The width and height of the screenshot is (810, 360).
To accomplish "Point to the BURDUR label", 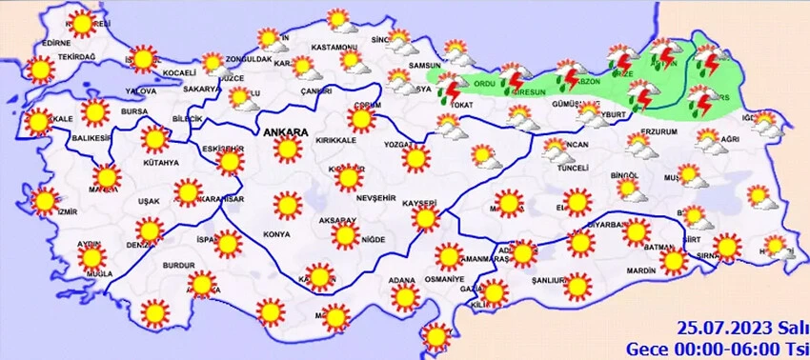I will (x=180, y=265).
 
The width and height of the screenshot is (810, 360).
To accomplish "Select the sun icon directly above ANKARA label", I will (x=285, y=149).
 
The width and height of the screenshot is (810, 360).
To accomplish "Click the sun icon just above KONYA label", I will (x=284, y=206).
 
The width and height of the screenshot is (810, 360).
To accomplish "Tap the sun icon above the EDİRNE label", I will (x=82, y=23).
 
